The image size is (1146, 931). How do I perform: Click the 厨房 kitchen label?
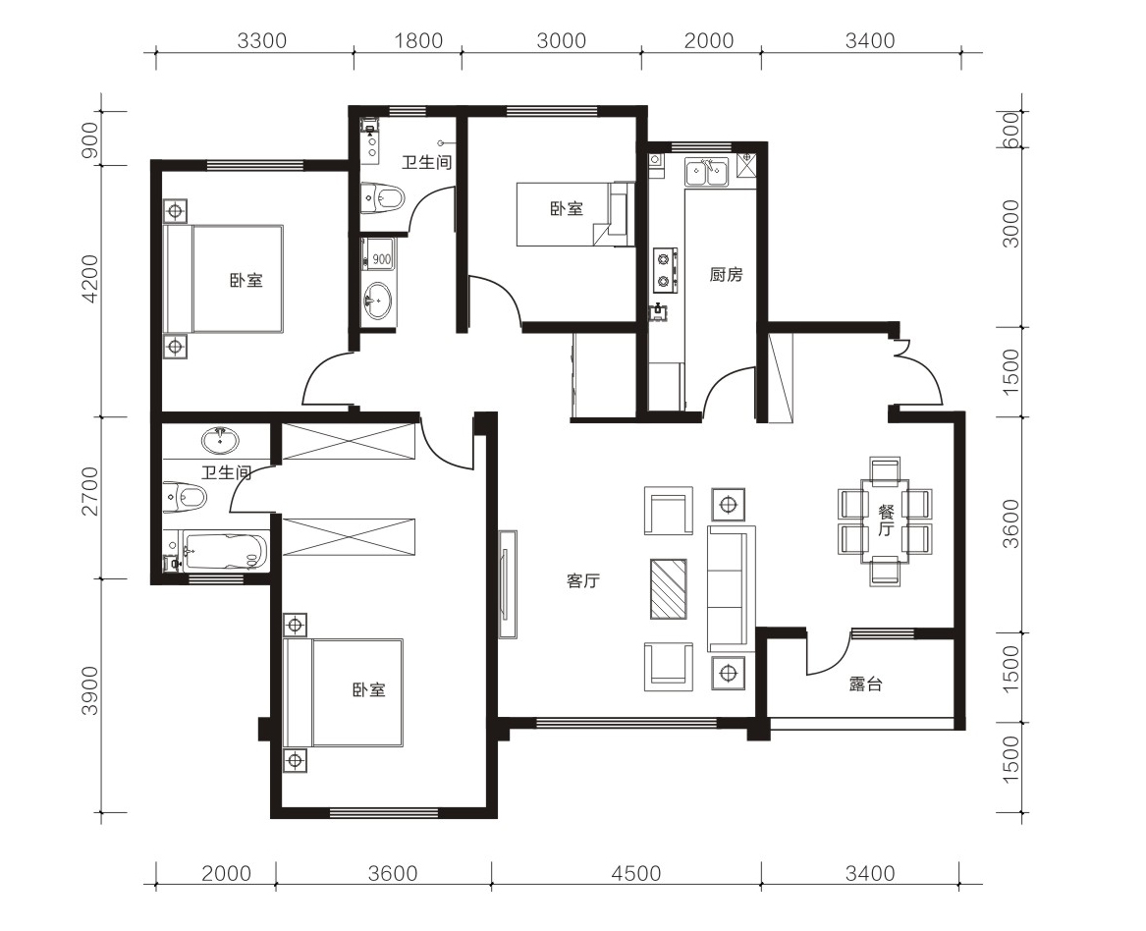click(726, 275)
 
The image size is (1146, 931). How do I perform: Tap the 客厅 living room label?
click(582, 581)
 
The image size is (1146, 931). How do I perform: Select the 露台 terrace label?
click(865, 684)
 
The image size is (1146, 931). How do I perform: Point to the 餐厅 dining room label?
click(886, 520)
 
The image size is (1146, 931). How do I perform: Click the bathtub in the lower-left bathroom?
click(225, 553)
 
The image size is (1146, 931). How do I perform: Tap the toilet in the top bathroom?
click(384, 197)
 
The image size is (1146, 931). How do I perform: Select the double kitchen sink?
click(706, 173)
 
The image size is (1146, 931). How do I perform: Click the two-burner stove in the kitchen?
click(665, 270)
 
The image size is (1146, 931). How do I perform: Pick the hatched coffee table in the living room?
click(668, 588)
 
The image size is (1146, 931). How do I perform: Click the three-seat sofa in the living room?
click(731, 588)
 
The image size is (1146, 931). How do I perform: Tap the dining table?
click(885, 520)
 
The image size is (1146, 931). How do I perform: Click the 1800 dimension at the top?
click(418, 40)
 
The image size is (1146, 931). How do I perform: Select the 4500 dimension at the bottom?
click(636, 873)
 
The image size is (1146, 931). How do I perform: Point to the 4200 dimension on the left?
click(90, 279)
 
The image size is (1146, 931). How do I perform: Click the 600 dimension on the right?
click(1010, 130)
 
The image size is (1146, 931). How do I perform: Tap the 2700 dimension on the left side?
click(90, 491)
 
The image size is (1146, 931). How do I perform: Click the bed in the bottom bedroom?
click(344, 692)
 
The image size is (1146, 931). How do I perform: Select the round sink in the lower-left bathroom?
click(220, 441)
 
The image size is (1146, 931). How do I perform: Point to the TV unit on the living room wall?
click(508, 584)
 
